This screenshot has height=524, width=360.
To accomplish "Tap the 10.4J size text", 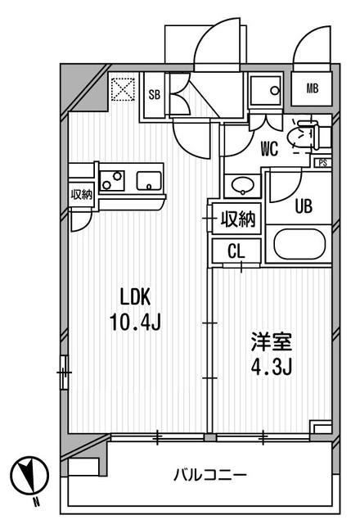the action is [x=136, y=322].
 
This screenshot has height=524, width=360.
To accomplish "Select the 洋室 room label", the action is [x=272, y=341].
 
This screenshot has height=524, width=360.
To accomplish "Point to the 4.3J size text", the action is [x=272, y=367].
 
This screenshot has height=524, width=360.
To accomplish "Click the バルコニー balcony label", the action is [x=210, y=475].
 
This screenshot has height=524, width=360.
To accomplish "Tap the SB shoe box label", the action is [x=155, y=95].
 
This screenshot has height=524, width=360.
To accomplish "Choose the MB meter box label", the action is [x=312, y=88].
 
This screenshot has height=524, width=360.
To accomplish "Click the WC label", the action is [x=269, y=149].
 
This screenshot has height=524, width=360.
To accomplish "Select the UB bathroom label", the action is [x=304, y=206].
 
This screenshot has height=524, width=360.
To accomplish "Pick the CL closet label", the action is [x=236, y=251].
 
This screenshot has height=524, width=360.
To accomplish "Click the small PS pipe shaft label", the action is [x=322, y=163].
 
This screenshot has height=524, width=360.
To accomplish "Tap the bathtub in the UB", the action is [x=299, y=244].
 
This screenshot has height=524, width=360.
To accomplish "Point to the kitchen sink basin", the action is [x=149, y=182].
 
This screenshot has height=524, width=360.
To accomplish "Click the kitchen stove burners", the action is [x=112, y=181].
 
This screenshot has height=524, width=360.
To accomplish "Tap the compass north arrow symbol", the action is [x=29, y=476].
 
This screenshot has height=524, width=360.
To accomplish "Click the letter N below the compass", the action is [x=36, y=501].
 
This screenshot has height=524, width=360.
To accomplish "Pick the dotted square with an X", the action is [x=123, y=89].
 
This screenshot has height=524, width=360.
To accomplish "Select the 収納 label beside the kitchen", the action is [x=82, y=194].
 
